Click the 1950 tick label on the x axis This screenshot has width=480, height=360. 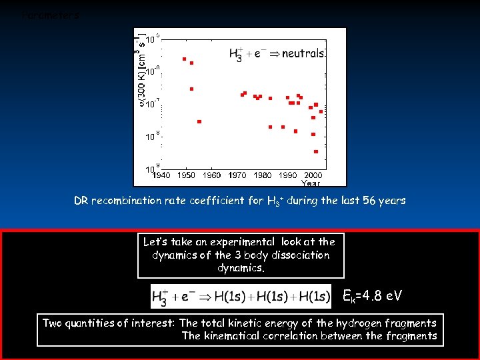coord(187,175)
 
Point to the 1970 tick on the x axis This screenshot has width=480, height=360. coord(238,175)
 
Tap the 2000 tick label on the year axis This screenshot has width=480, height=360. coord(313,175)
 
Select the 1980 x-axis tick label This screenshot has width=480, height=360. coord(263,175)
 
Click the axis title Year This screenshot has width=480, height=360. coord(311,183)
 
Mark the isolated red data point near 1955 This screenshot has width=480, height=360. coord(199,121)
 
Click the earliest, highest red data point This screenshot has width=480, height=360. coord(184,59)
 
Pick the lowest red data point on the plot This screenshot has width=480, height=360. coord(316,151)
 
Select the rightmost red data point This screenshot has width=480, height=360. coord(321,111)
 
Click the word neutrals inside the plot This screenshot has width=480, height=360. coord(303,53)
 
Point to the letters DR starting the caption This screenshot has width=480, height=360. coord(81,201)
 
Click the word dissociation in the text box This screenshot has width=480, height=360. coord(297,255)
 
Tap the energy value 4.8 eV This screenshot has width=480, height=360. coord(377,295)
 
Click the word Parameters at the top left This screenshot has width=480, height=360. coord(51,15)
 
